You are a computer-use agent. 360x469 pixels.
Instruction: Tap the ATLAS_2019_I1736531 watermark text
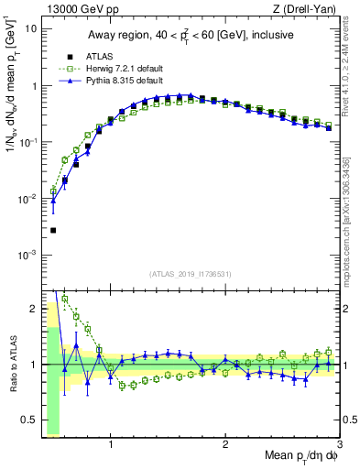click(191, 274)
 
